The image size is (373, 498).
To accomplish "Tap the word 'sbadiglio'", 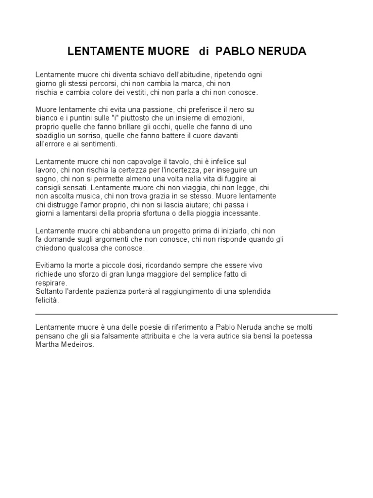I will click(51, 136).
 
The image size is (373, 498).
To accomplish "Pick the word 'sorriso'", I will click(98, 136).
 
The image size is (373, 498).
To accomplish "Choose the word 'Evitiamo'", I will click(50, 266).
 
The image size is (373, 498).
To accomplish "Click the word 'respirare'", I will click(51, 283).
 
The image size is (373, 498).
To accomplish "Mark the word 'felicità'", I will click(47, 301).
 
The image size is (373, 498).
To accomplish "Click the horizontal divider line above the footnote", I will click(186, 314).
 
